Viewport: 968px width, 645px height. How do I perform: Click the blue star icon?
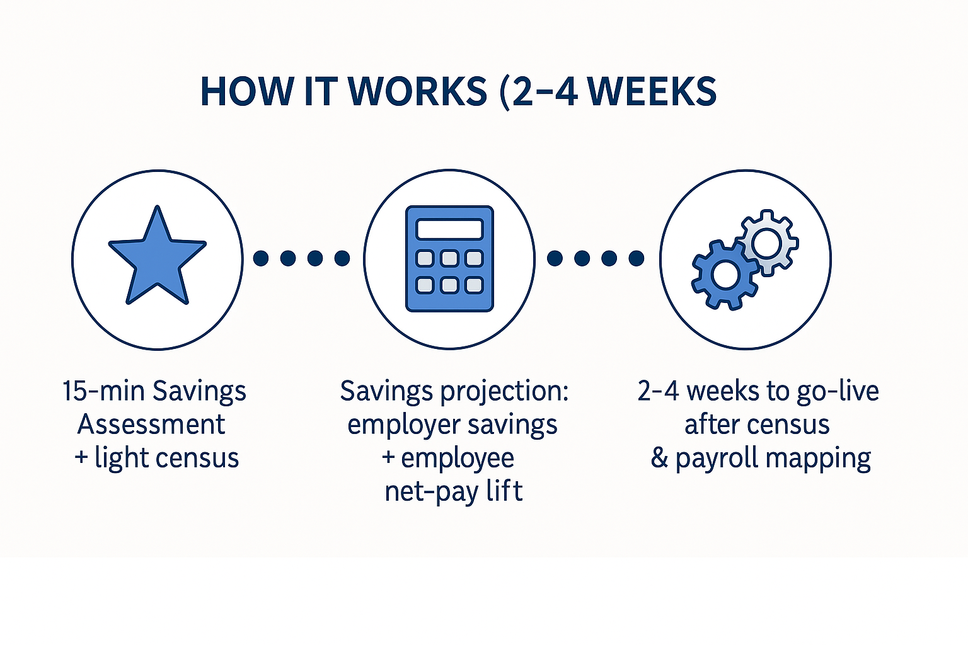click(x=158, y=258)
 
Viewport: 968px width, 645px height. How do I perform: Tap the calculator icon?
click(x=449, y=259)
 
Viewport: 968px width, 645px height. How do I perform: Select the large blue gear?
click(x=725, y=275)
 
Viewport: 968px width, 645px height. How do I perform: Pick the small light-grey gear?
click(x=768, y=243)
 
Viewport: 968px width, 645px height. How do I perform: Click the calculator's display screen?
click(x=449, y=229)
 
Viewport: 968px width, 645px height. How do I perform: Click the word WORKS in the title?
click(x=417, y=92)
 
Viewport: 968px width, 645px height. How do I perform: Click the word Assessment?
click(x=151, y=425)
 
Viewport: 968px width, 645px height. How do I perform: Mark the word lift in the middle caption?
click(x=505, y=491)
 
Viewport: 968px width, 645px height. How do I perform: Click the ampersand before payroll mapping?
click(x=659, y=458)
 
